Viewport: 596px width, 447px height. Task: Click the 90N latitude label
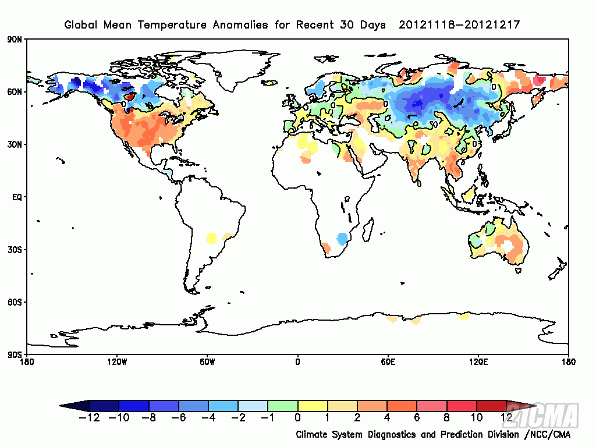click(14, 40)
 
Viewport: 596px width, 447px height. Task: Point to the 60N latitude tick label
click(14, 92)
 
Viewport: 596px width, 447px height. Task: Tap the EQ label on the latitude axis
click(16, 197)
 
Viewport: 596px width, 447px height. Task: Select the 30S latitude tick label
click(14, 250)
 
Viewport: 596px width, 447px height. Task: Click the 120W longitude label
click(117, 362)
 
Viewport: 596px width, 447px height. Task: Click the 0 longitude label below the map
click(298, 362)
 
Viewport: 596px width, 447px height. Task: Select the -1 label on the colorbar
click(267, 417)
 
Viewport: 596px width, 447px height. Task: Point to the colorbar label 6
click(417, 417)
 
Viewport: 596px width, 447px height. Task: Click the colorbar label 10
click(476, 417)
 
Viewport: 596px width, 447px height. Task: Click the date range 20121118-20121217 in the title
click(459, 25)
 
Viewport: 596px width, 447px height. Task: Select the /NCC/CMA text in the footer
click(547, 435)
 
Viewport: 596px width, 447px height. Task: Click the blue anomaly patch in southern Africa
click(343, 238)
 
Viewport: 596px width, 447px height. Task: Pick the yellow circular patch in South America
click(211, 237)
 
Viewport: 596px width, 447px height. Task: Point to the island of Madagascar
click(368, 225)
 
